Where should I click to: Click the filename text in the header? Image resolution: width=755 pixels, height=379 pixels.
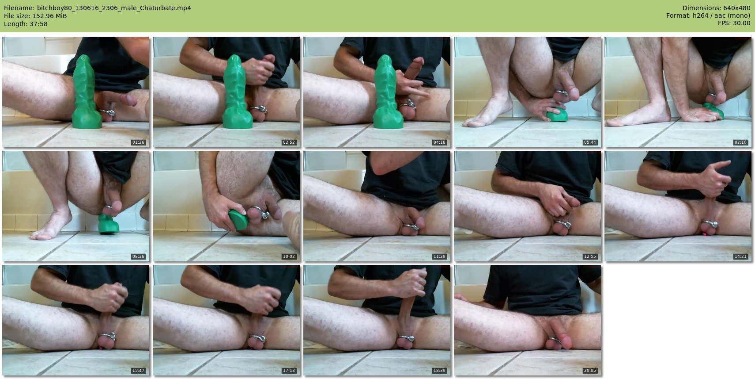98,8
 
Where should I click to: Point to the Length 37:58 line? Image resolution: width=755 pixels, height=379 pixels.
26,24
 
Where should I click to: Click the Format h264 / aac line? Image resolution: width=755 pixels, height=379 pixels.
708,15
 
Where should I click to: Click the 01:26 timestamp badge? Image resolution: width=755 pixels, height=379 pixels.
138,142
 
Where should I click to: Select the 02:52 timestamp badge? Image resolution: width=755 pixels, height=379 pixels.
289,142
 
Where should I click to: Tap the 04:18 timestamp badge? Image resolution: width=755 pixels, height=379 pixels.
439,142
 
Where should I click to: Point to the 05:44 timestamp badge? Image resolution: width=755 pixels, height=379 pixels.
590,142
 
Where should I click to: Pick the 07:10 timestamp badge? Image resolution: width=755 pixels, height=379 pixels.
740,142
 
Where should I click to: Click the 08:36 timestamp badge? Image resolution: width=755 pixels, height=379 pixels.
138,256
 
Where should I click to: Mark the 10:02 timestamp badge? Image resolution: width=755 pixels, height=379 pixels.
289,256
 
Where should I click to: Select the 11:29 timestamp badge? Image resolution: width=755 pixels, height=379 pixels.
439,256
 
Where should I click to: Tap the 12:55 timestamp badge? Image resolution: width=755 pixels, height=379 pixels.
590,256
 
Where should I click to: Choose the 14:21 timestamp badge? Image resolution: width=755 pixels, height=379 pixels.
740,256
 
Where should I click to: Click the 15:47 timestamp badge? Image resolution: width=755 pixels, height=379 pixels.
138,371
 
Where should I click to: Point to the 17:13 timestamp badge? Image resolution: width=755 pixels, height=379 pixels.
289,371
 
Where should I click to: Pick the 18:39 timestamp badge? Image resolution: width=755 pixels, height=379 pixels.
439,371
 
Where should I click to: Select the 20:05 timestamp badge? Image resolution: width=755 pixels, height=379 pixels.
590,371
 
